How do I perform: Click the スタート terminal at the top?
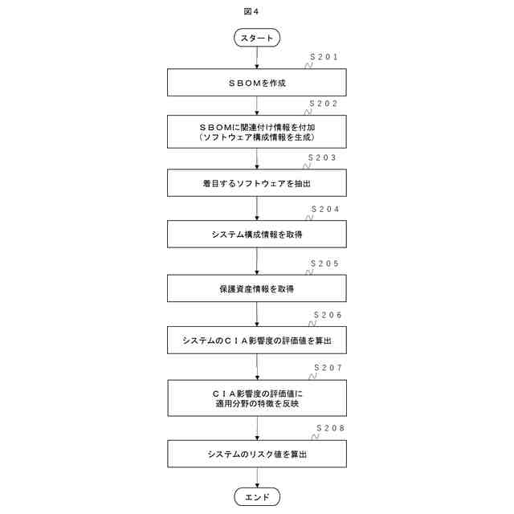[x=257, y=38]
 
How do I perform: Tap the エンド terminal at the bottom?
[x=257, y=497]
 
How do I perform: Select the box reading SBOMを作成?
[x=257, y=83]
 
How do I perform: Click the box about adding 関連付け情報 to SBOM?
[x=257, y=133]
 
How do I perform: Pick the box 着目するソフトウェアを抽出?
[x=257, y=184]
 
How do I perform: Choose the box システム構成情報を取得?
[x=257, y=235]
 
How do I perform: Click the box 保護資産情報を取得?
[x=257, y=286]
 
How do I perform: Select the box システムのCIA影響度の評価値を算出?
[x=257, y=341]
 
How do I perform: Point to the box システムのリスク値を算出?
[x=257, y=454]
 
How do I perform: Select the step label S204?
[x=325, y=209]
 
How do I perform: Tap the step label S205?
[x=325, y=262]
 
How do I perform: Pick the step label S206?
[x=328, y=315]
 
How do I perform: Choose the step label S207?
[x=328, y=367]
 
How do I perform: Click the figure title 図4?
[x=251, y=11]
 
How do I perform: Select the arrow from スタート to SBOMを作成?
[x=257, y=57]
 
